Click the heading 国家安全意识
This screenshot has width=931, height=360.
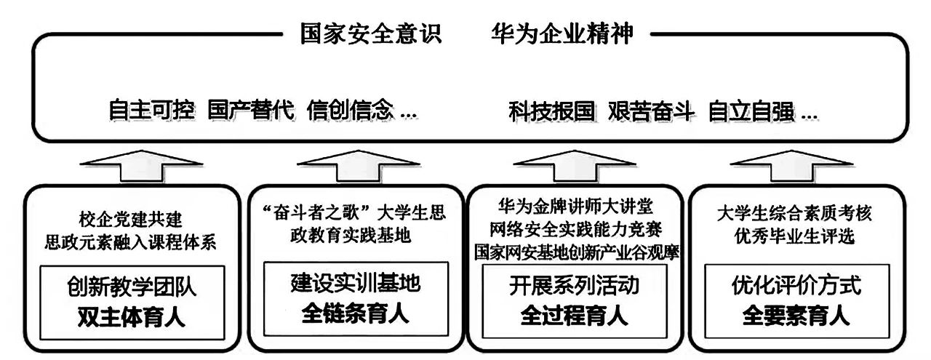(371, 34)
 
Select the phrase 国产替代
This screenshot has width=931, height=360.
(251, 111)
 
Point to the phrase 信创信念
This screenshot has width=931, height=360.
(351, 111)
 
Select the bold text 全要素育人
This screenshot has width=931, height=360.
(796, 316)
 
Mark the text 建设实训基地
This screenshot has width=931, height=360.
(355, 285)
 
